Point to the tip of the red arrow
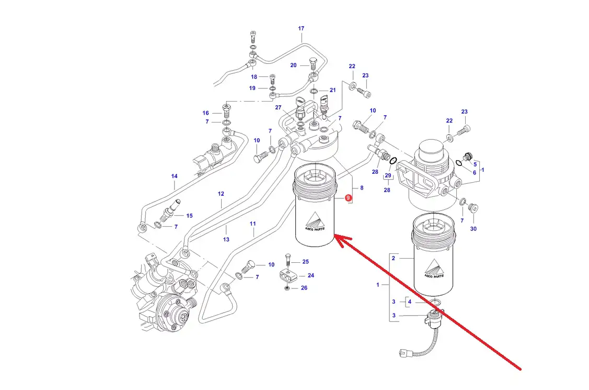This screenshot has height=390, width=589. pyautogui.click(x=336, y=237)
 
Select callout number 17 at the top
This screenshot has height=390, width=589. pyautogui.click(x=301, y=28)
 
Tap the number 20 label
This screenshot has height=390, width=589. pyautogui.click(x=293, y=65)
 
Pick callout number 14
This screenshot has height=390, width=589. pyautogui.click(x=175, y=176)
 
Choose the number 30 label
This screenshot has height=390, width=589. pyautogui.click(x=473, y=229)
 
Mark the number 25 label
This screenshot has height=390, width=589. pyautogui.click(x=305, y=261)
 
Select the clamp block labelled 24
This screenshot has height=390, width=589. pyautogui.click(x=287, y=273)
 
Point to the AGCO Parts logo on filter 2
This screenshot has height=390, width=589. pyautogui.click(x=434, y=271)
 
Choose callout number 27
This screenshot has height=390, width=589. pyautogui.click(x=279, y=107)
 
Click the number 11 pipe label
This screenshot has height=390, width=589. pyautogui.click(x=253, y=224)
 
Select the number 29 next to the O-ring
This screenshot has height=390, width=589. pyautogui.click(x=387, y=175)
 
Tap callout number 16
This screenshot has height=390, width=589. pyautogui.click(x=206, y=113)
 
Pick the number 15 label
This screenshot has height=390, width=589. pyautogui.click(x=189, y=216)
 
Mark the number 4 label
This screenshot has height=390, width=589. pyautogui.click(x=410, y=302)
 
